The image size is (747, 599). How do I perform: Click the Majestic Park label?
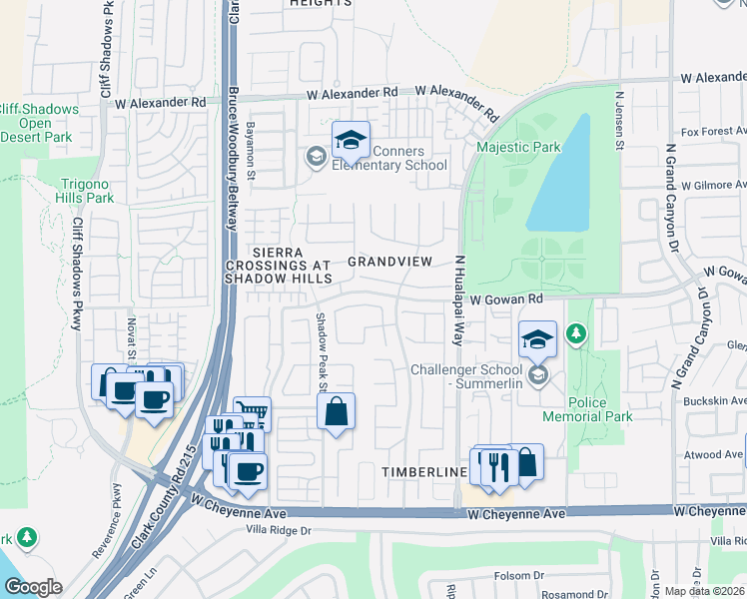click(518, 148)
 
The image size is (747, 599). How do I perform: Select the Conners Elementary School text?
click(395, 159)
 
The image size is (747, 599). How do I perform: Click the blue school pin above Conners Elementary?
click(351, 142)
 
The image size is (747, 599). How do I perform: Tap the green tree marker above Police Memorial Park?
click(576, 332)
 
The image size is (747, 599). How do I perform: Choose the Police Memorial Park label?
click(587, 409)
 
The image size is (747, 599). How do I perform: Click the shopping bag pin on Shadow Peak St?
click(337, 411)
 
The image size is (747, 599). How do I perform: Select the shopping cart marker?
click(252, 414)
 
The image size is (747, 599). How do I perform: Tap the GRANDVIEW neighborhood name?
click(389, 262)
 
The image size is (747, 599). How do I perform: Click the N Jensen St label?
click(619, 122)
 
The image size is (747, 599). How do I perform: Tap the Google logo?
click(32, 587)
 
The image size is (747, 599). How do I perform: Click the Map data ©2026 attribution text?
click(704, 591)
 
